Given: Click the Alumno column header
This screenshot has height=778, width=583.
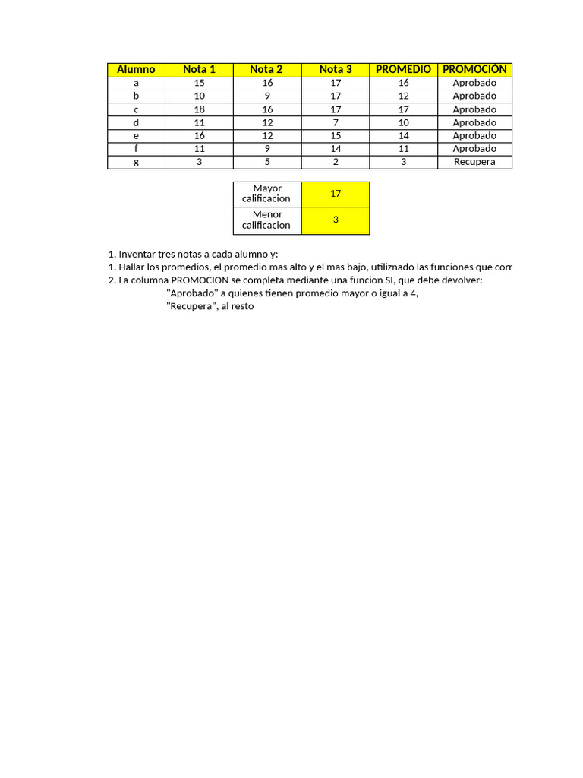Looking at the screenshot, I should click(136, 69).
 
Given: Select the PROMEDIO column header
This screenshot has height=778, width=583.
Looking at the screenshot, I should click(403, 69).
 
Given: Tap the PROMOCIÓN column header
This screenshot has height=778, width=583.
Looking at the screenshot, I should click(474, 69).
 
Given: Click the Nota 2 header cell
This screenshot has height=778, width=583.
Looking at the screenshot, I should click(266, 69).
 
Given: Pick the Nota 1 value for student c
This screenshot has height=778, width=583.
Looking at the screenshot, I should click(200, 109).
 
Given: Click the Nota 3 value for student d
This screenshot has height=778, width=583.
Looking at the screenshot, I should click(336, 122).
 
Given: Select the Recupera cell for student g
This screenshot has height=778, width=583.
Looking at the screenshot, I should click(474, 162).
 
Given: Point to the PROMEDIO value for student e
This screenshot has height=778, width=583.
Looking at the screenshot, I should click(403, 136).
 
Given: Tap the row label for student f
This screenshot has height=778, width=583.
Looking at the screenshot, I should click(136, 149).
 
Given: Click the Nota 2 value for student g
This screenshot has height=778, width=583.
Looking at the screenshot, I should click(267, 162).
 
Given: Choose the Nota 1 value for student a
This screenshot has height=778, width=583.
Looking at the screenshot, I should click(200, 83).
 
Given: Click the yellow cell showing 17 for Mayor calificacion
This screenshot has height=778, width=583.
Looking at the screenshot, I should click(336, 194).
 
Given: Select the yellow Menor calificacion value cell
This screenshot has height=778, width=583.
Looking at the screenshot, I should click(336, 220).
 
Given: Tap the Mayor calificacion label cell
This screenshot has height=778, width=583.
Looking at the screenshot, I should click(266, 194).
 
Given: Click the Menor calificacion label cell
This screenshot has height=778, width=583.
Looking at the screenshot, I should click(266, 220).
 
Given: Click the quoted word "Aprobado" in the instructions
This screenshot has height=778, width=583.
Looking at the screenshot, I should click(192, 293).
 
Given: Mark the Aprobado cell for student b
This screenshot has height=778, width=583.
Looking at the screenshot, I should click(474, 96).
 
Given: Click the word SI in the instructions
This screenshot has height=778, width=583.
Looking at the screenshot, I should click(385, 280).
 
